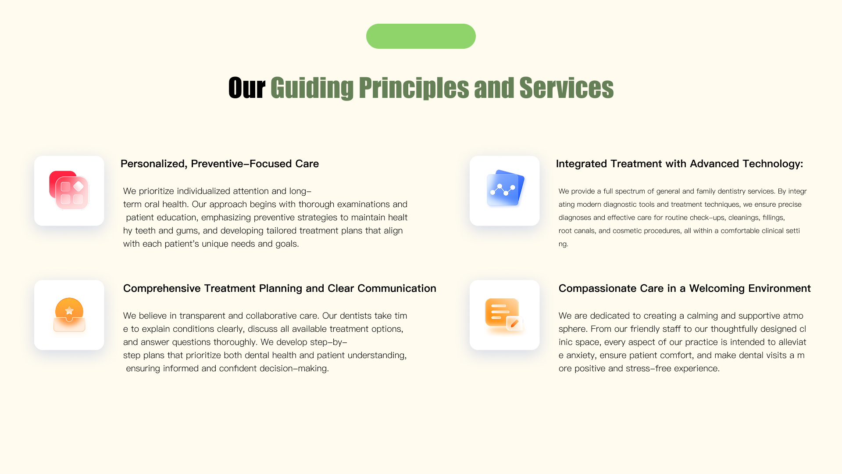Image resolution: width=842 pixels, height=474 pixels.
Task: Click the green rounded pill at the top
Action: point(421,36)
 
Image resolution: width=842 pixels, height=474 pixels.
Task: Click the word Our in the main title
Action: point(247,88)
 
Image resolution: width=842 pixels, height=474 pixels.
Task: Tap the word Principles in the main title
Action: point(414,88)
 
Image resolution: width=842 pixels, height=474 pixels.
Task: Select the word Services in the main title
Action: point(566,88)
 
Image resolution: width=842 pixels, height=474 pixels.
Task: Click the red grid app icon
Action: point(69,190)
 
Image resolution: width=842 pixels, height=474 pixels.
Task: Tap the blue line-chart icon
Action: point(505,188)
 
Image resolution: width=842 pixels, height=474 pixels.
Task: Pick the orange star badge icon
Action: point(69,315)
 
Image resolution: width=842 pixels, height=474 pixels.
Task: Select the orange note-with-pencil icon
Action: point(504,315)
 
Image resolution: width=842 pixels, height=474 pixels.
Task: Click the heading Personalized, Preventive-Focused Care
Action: point(220,164)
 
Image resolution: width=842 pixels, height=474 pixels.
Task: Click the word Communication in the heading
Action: point(397,288)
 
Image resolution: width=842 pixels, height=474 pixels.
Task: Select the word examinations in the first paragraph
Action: point(364,204)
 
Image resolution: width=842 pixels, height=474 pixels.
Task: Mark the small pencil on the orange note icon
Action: point(514,324)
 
